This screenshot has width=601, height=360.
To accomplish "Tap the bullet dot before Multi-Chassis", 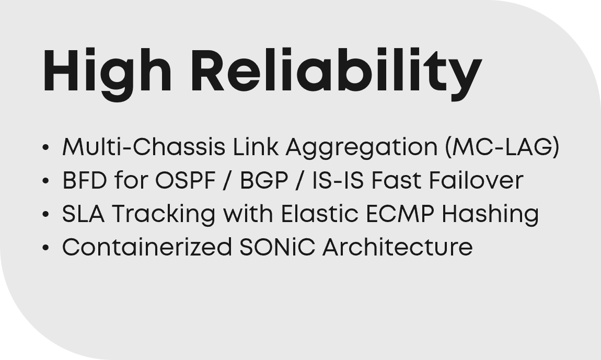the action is coord(45,147).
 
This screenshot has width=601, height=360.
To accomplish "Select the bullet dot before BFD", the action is coord(45,181).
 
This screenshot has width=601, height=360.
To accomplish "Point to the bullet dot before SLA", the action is coord(45,214).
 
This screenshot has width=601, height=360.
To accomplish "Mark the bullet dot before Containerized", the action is coord(45,247).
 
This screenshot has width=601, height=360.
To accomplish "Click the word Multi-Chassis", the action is coord(144,146).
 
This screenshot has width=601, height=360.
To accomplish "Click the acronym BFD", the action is coord(84,180).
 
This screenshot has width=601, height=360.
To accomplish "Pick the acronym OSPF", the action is coord(186,180).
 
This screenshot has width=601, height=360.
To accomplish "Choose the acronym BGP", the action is coord(264,180).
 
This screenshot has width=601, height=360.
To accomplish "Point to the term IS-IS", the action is coord(338,180).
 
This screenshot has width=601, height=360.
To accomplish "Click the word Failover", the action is coord(476,180).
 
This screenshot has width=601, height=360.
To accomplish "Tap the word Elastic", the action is coord(320,213).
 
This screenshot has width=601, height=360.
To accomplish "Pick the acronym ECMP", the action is coord(400,214).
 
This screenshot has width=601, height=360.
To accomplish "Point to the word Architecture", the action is coord(398,247).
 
